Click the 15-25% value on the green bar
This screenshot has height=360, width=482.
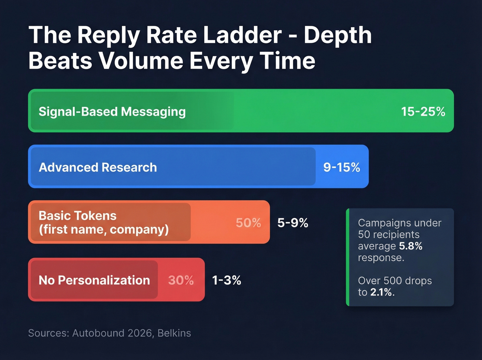(423, 112)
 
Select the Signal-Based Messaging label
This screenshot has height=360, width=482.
(112, 112)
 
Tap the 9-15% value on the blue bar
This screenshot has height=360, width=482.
(341, 167)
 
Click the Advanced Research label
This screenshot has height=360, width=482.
(98, 167)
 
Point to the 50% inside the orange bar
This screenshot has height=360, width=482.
(248, 223)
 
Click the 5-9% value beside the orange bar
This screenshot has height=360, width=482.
(293, 223)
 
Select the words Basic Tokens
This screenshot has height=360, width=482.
(77, 216)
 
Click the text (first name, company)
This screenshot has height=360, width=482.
(104, 229)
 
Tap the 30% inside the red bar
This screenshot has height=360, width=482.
(181, 280)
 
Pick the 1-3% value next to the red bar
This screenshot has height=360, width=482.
(226, 280)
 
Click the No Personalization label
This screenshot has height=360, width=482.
(94, 280)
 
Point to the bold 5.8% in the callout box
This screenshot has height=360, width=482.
(410, 246)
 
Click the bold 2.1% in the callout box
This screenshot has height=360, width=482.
(381, 292)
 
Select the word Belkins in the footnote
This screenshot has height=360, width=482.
(174, 333)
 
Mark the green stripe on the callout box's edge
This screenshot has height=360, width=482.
(348, 257)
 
